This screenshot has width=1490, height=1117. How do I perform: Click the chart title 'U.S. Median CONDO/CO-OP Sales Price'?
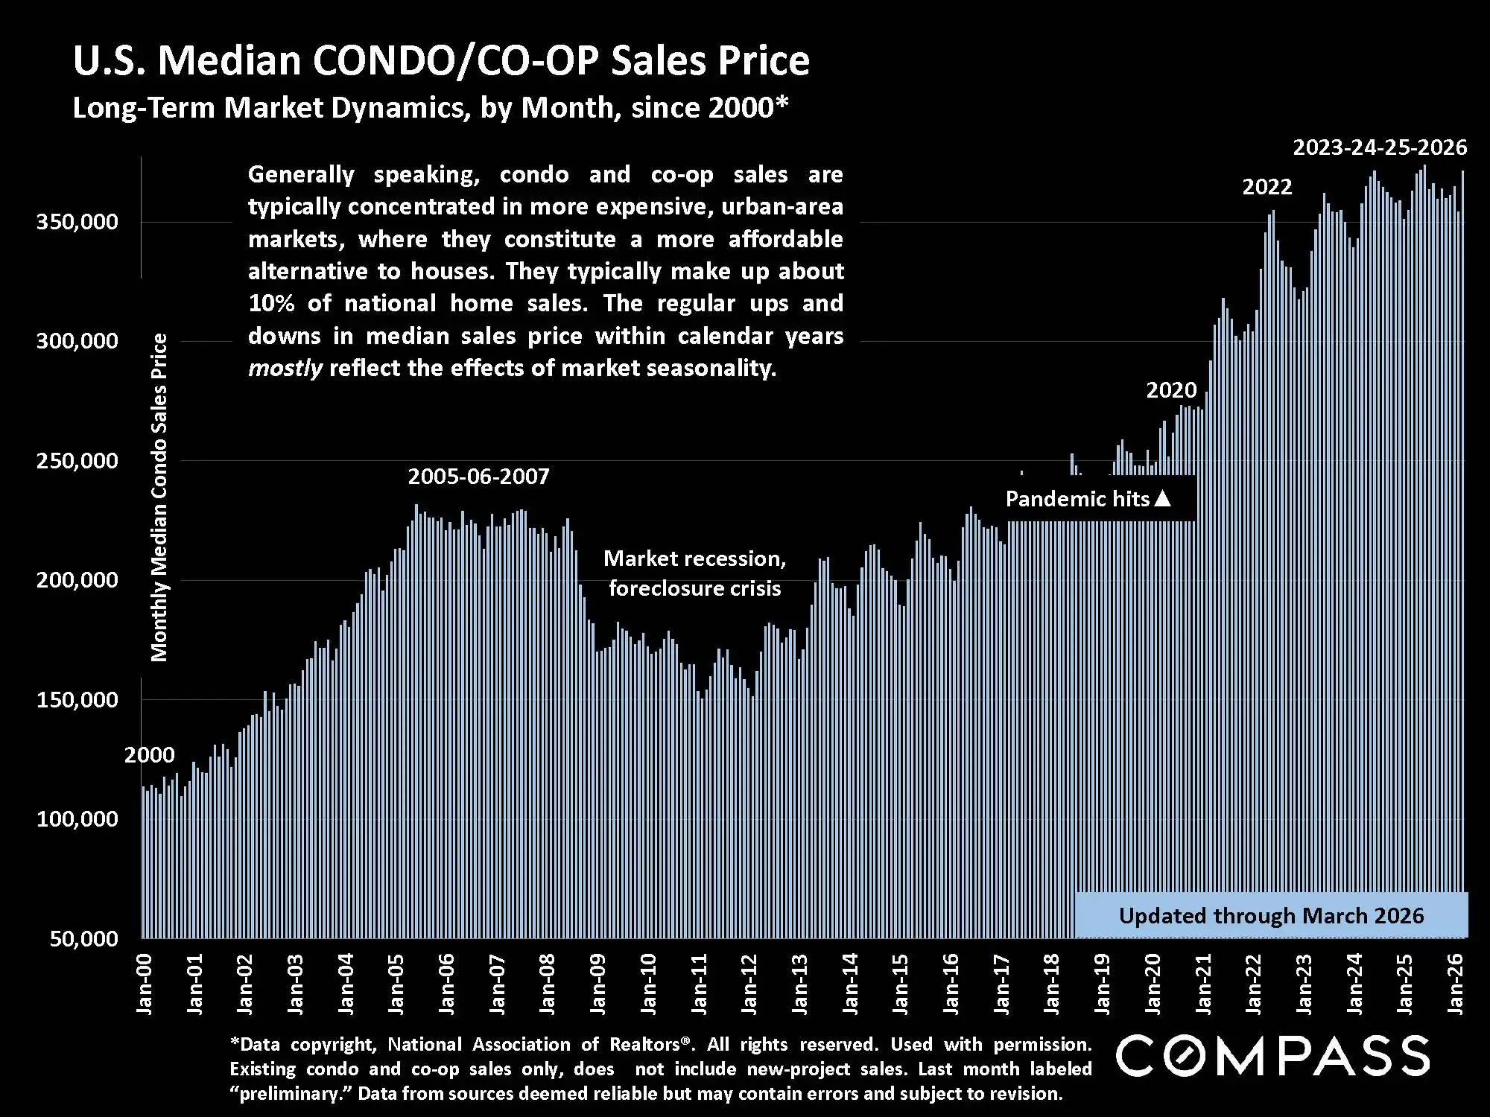[x=441, y=61]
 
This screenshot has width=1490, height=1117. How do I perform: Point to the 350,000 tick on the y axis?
[x=77, y=222]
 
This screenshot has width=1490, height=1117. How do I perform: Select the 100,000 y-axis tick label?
[x=77, y=819]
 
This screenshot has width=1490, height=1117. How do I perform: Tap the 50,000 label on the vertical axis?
[x=84, y=938]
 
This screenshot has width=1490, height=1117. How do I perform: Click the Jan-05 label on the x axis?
[x=396, y=984]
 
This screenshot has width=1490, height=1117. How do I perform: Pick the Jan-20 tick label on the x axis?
[x=1153, y=984]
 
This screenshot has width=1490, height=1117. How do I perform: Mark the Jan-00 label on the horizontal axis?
[x=145, y=984]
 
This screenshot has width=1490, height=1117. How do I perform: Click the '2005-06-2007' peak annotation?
[x=478, y=477]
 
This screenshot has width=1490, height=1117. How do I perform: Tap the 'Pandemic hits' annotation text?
[x=1077, y=499]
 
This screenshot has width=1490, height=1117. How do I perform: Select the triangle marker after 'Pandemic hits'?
[x=1162, y=499]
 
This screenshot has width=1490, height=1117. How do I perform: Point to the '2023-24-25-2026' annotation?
[x=1380, y=147]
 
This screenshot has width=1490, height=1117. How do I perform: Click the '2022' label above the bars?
[x=1266, y=187]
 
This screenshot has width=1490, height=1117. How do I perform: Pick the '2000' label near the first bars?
[x=150, y=755]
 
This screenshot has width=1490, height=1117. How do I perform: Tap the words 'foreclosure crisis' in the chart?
[x=694, y=588]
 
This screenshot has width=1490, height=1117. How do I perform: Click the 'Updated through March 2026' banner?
[x=1271, y=915]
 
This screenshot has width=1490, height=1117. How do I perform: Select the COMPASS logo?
[x=1272, y=1056]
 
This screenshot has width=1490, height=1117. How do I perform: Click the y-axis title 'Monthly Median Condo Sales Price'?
[x=159, y=497]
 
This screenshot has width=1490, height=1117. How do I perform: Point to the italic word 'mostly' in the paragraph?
[x=285, y=369]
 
